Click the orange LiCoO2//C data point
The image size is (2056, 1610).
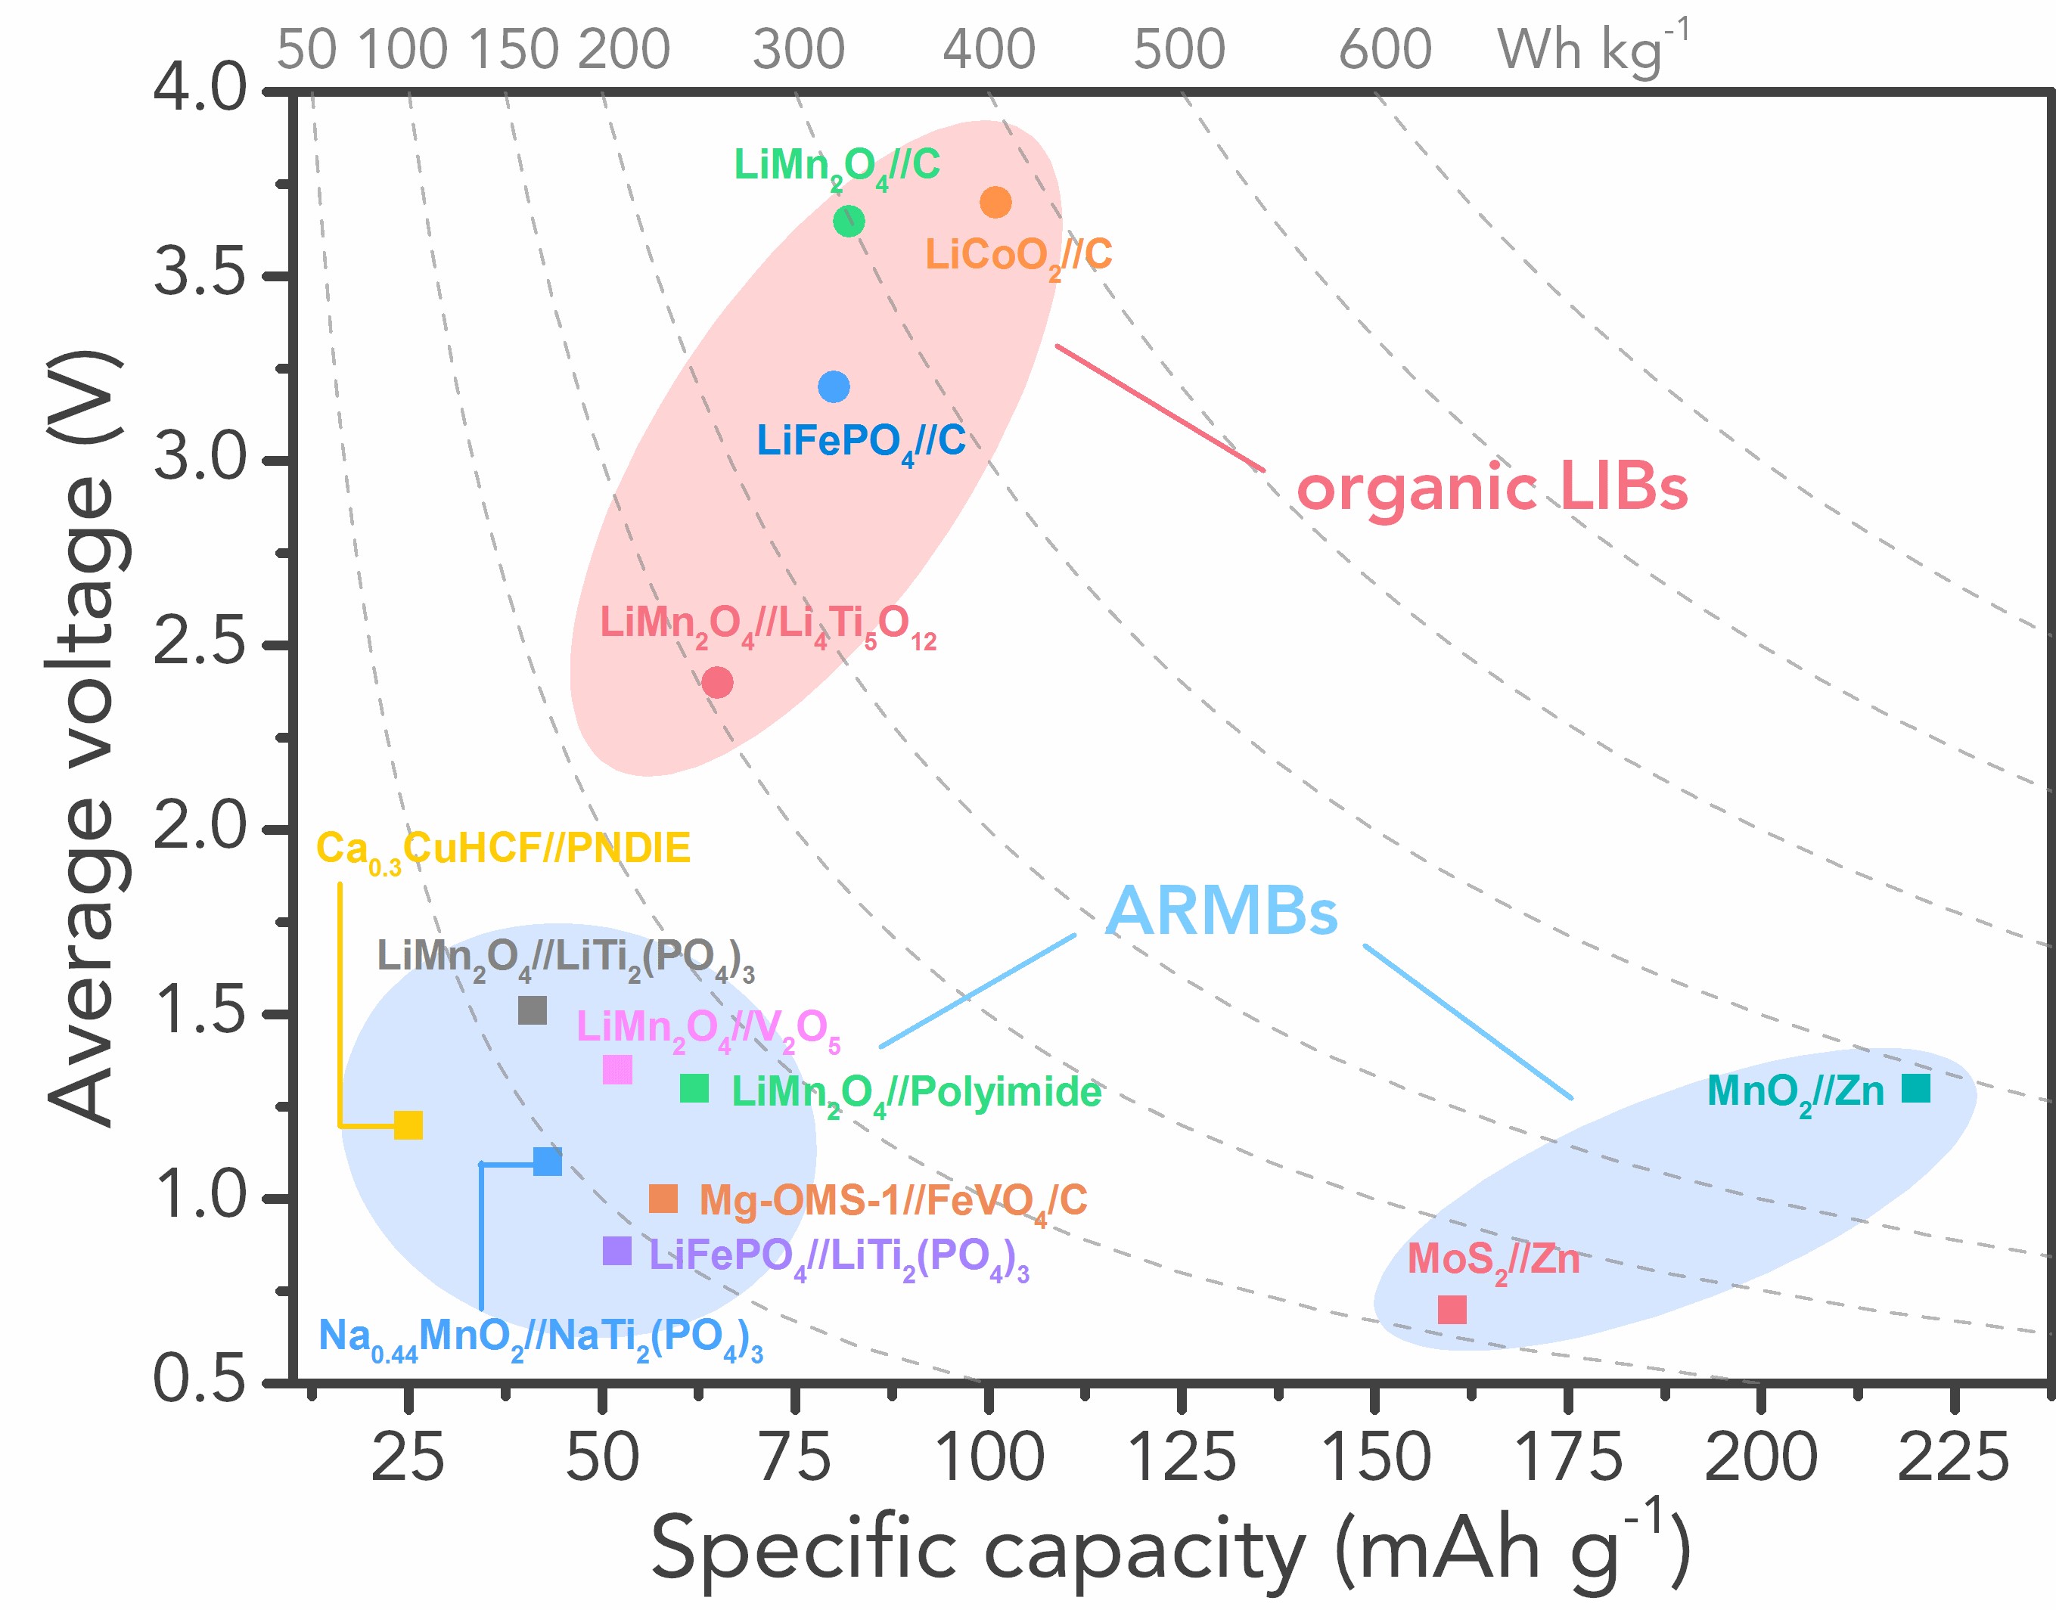(x=995, y=202)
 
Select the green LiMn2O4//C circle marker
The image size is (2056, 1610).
(x=849, y=222)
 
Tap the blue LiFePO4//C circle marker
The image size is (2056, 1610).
(x=834, y=386)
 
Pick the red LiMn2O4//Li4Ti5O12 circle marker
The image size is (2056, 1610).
(x=717, y=681)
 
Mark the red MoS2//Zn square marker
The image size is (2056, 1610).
(x=1452, y=1309)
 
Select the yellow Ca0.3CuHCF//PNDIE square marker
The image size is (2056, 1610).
(x=407, y=1125)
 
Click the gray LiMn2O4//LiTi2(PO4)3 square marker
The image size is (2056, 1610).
(x=533, y=1010)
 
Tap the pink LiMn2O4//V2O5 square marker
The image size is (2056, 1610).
(x=616, y=1070)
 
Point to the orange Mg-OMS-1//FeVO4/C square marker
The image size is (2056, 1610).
(x=663, y=1199)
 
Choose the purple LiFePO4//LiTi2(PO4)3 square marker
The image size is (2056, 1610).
(x=616, y=1251)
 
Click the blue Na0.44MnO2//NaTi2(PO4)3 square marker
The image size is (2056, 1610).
(x=547, y=1162)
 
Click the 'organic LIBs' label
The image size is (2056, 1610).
(x=1492, y=489)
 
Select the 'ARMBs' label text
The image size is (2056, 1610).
(x=1221, y=911)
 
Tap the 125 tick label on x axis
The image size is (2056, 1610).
(x=1182, y=1457)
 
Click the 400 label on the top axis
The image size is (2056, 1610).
(x=989, y=49)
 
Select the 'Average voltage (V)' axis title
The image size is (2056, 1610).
(x=85, y=737)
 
